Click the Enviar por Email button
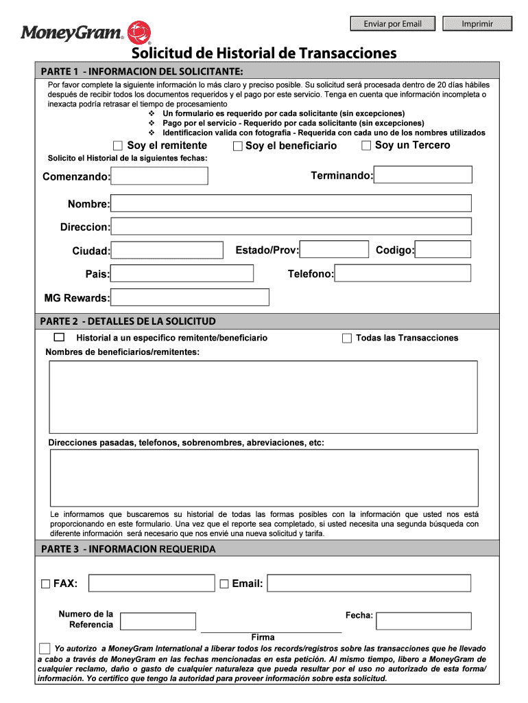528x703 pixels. click(x=393, y=24)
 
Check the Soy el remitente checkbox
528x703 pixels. click(x=118, y=146)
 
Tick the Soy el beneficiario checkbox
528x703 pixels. click(x=238, y=146)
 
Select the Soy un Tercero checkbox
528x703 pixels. click(x=366, y=146)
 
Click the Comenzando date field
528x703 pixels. click(x=160, y=176)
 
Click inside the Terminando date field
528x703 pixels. click(x=423, y=175)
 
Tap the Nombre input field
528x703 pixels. click(x=291, y=204)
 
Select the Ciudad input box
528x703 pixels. click(x=167, y=251)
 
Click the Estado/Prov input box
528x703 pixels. click(x=335, y=250)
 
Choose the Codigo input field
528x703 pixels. click(x=444, y=250)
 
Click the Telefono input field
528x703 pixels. click(x=403, y=273)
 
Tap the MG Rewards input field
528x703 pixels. click(x=189, y=297)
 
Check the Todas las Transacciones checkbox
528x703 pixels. click(x=347, y=338)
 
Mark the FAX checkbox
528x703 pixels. click(x=46, y=584)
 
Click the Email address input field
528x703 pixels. click(x=369, y=584)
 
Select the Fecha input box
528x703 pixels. click(x=424, y=621)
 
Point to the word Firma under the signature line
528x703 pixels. click(x=263, y=638)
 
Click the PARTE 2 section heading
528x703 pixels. click(x=128, y=321)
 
